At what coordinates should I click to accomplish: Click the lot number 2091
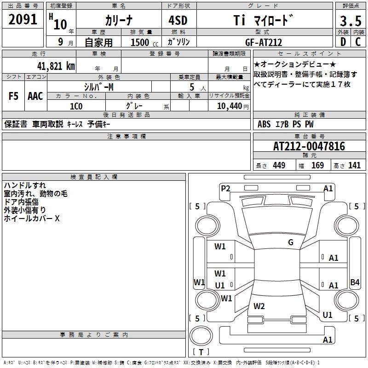[23, 19]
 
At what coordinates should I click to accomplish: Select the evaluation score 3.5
[350, 21]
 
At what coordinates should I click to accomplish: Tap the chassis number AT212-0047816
[309, 146]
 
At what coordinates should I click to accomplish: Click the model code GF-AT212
[264, 42]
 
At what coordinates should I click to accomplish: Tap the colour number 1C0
[76, 106]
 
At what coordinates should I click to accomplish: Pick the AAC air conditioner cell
[35, 96]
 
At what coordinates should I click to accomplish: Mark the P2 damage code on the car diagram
[225, 188]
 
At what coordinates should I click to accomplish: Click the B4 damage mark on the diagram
[355, 282]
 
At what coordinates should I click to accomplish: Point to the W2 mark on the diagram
[259, 306]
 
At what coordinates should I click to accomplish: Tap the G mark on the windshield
[291, 242]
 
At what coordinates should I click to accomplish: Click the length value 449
[279, 166]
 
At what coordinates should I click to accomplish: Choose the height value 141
[354, 166]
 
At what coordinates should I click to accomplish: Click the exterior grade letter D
[343, 42]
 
